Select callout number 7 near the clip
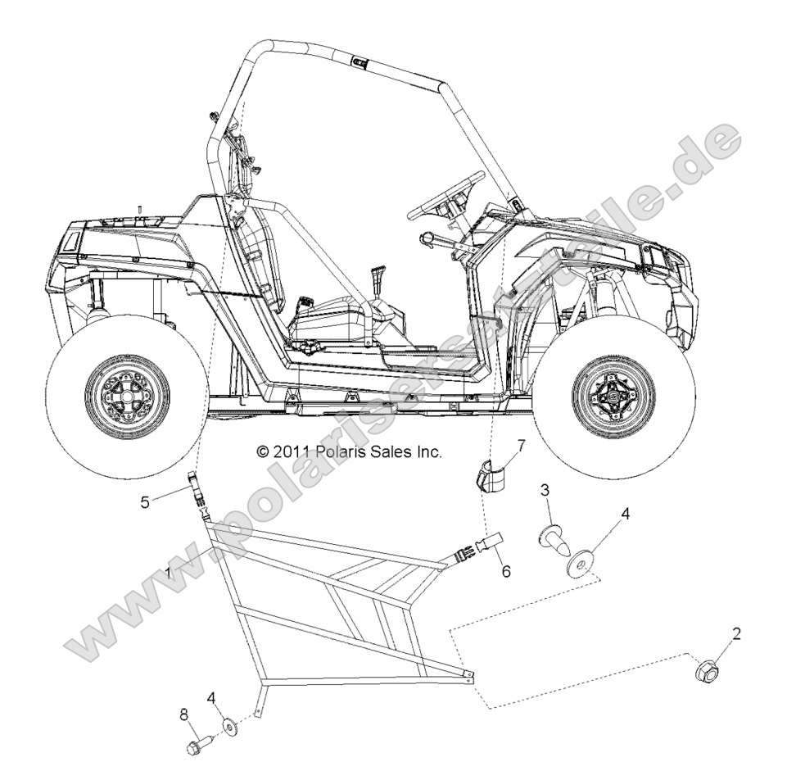[519, 446]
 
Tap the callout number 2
[736, 633]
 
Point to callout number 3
[543, 491]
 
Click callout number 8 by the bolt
[183, 715]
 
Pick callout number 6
[506, 571]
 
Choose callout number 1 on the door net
[169, 574]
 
